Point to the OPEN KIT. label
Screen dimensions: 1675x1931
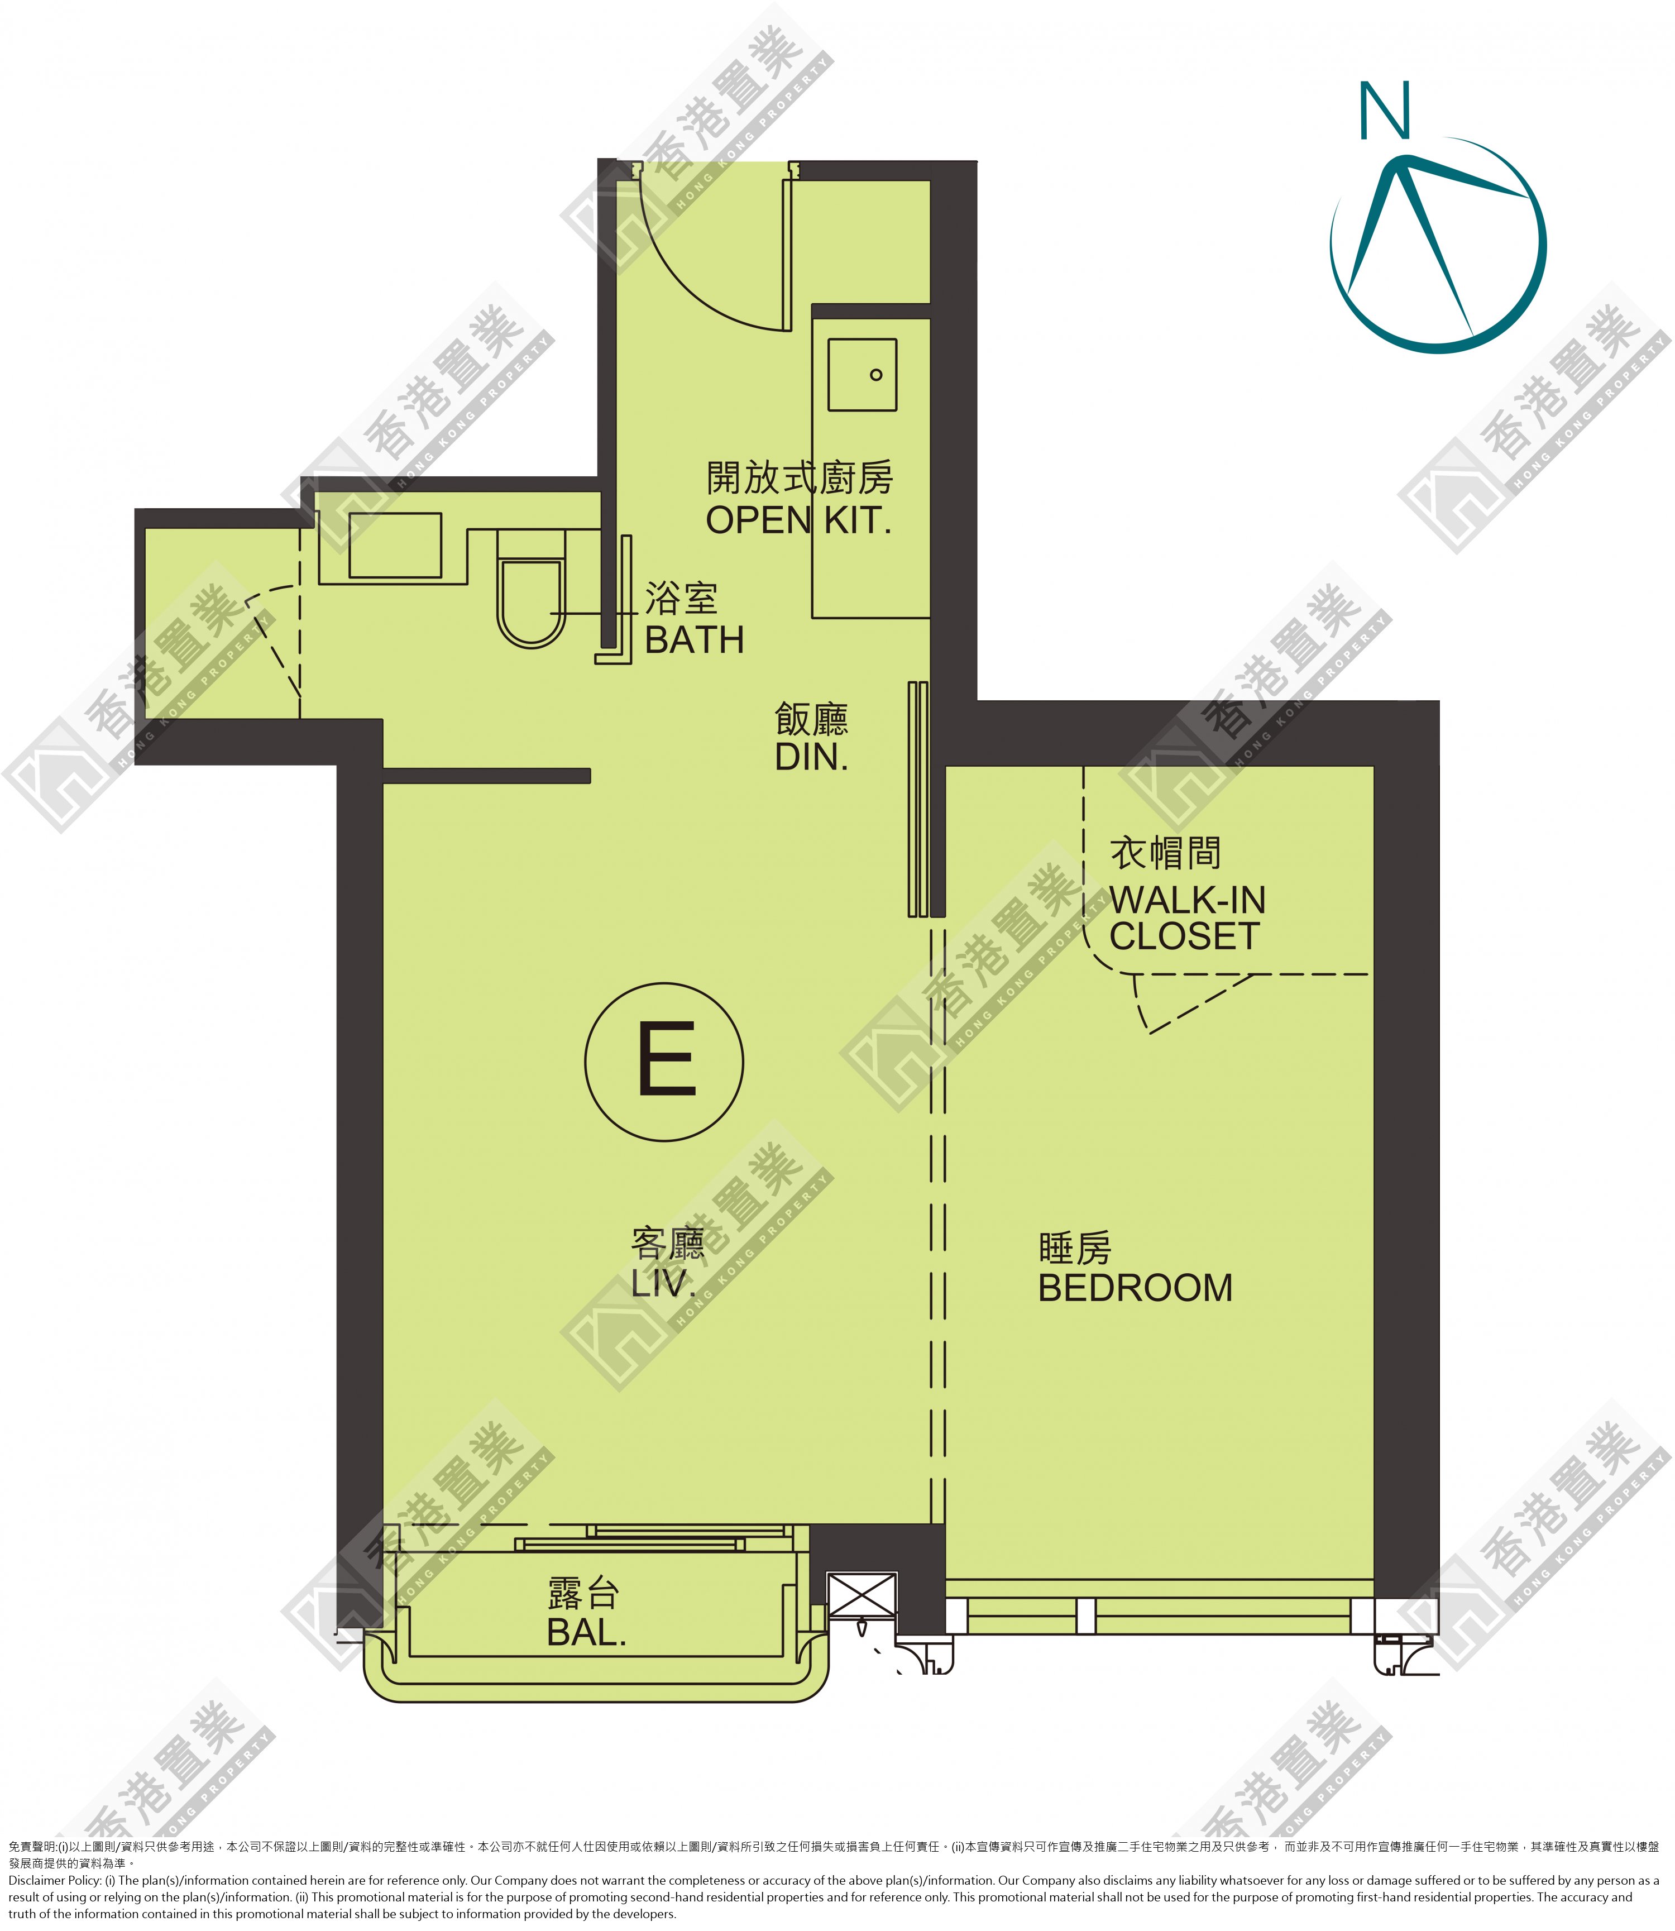tap(798, 520)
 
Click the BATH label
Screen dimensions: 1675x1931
tap(695, 641)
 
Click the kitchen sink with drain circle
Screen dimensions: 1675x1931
tap(862, 374)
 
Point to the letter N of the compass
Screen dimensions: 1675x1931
tap(1384, 111)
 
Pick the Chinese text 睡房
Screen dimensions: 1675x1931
tap(1075, 1249)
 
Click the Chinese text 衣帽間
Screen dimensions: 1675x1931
tap(1165, 852)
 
